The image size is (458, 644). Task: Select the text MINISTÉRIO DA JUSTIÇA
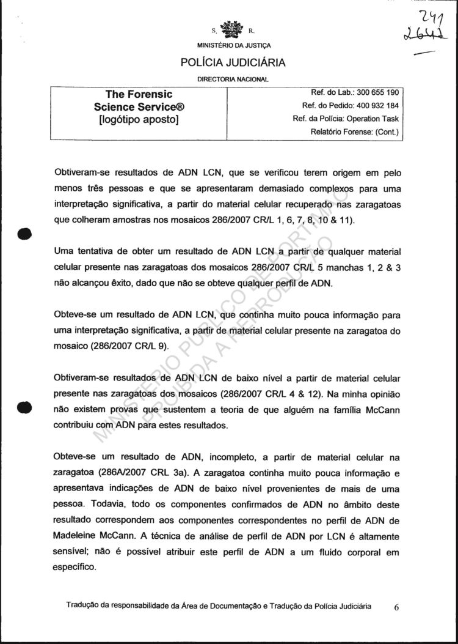pyautogui.click(x=234, y=46)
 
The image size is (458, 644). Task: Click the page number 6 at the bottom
pyautogui.click(x=396, y=608)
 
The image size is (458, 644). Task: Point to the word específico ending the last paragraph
pyautogui.click(x=75, y=567)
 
